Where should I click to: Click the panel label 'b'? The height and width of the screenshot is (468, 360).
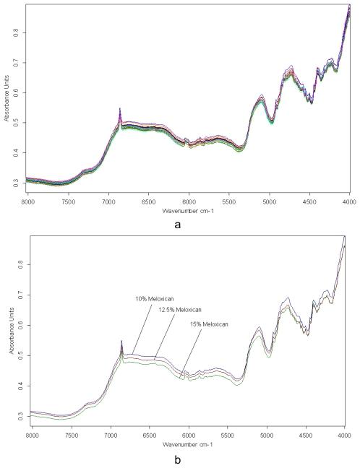[178, 460]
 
